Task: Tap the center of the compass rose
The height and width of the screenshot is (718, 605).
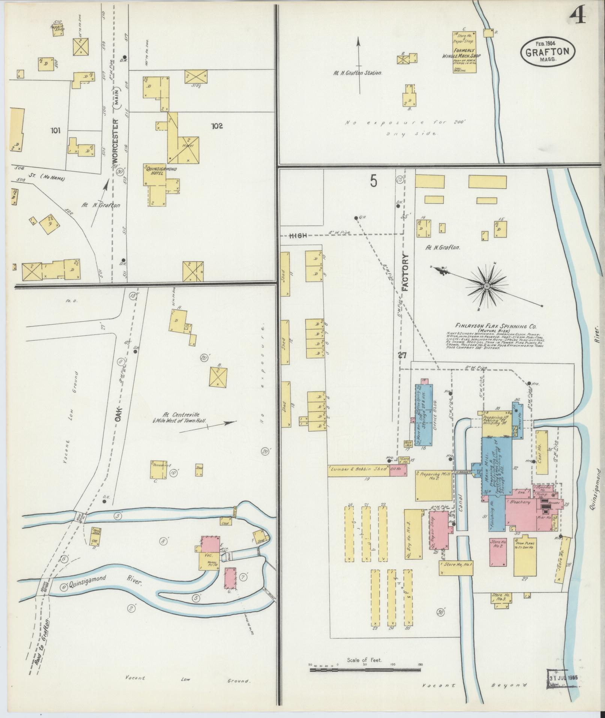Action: click(x=486, y=286)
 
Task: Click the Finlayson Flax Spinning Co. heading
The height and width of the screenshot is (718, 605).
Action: click(x=492, y=326)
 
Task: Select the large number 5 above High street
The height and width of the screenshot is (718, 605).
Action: click(x=373, y=181)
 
